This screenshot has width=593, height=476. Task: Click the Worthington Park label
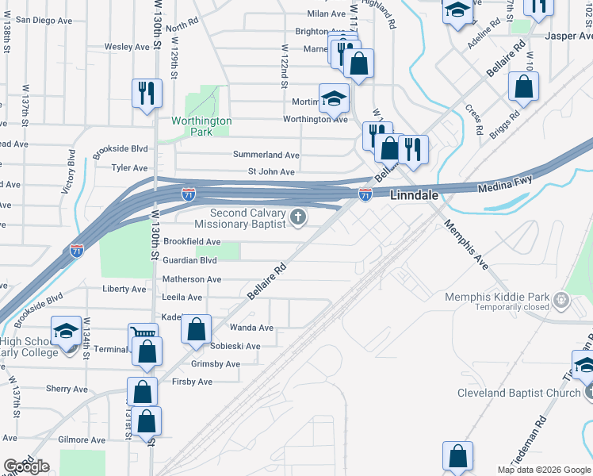coord(201,126)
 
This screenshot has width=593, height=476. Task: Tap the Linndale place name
coord(413,194)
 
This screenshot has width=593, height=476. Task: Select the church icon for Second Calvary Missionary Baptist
coord(298,217)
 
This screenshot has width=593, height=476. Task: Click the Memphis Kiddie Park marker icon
coord(562,299)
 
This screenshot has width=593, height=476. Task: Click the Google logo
coord(26,466)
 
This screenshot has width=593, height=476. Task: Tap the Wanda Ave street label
coord(251,328)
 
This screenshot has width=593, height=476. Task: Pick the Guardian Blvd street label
coord(189,260)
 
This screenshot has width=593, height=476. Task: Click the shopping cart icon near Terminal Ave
coord(143,334)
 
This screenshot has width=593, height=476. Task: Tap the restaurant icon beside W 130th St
coord(147,93)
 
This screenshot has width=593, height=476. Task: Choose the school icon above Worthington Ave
coord(334,98)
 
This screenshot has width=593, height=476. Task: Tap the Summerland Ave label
coord(266,155)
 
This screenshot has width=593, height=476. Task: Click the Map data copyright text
coord(543,470)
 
